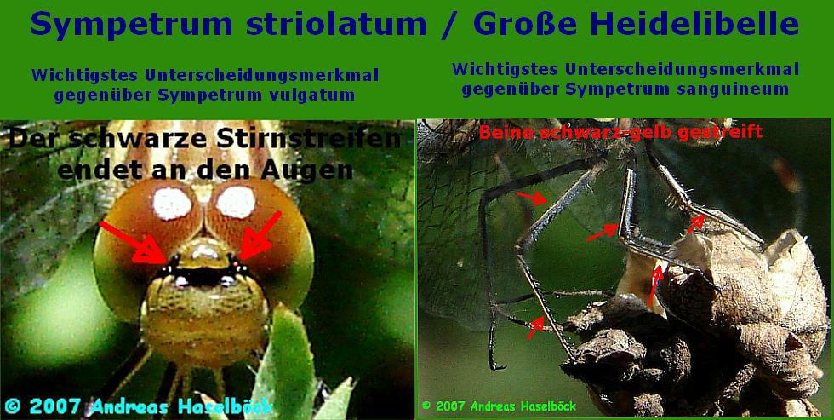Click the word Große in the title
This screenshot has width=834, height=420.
(524, 24)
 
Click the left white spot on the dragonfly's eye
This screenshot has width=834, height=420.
(172, 204)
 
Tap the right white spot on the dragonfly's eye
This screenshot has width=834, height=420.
(236, 202)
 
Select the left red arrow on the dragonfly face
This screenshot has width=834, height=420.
(134, 243)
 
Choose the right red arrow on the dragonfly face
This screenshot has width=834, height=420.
(260, 235)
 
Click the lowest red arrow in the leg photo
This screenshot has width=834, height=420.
(535, 328)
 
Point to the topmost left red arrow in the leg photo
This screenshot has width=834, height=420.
(532, 198)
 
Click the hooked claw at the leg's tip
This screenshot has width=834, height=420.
(497, 365)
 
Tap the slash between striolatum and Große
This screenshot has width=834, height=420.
(450, 26)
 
